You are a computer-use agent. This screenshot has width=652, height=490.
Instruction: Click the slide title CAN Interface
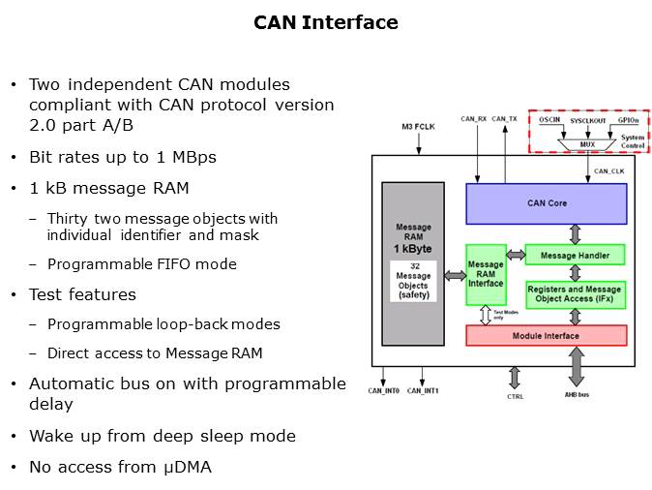click(326, 22)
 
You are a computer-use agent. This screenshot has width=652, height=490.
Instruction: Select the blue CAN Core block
click(547, 203)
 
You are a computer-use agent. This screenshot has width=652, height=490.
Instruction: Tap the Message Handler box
click(575, 255)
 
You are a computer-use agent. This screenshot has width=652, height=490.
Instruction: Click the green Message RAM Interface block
click(486, 274)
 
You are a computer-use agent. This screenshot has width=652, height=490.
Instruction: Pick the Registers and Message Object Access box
click(575, 294)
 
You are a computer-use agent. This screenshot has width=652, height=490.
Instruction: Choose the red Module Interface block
click(547, 336)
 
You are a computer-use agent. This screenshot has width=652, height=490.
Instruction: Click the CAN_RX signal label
click(474, 118)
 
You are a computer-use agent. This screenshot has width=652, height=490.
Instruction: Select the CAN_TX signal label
click(504, 118)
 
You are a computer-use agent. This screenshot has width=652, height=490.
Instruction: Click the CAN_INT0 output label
click(385, 391)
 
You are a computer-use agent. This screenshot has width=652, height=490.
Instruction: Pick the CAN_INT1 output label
click(424, 391)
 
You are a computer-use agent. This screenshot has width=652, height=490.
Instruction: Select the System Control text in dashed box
click(633, 141)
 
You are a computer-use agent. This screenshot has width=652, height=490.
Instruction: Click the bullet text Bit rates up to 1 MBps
click(123, 157)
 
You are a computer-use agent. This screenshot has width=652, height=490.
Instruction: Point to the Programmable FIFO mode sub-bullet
click(141, 264)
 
